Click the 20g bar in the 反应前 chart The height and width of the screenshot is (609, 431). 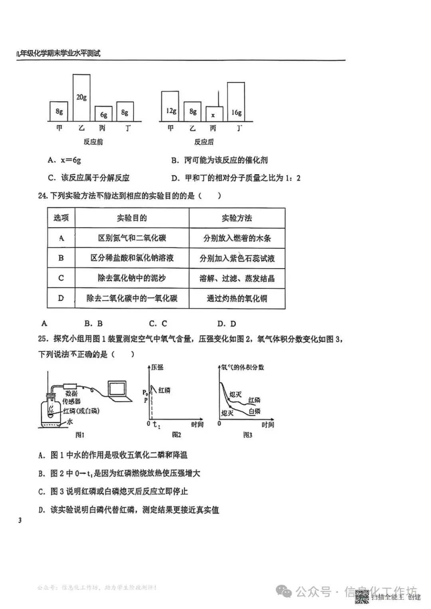[81, 97]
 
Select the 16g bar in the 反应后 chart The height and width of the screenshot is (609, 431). [236, 102]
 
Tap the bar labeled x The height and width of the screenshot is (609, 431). [214, 114]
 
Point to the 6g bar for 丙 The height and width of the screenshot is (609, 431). [103, 114]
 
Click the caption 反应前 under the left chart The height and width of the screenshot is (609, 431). [93, 142]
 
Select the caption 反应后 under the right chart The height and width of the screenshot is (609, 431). [204, 142]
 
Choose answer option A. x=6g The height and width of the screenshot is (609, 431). [64, 160]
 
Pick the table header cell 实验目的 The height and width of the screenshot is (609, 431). [132, 218]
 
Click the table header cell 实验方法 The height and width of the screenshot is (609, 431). [237, 218]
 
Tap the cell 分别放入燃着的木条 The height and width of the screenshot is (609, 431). [237, 238]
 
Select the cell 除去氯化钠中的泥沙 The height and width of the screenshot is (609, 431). [132, 278]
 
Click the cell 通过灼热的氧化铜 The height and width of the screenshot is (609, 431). [237, 298]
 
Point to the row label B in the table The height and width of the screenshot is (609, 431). [61, 258]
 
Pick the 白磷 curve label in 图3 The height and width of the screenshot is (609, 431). [254, 411]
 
